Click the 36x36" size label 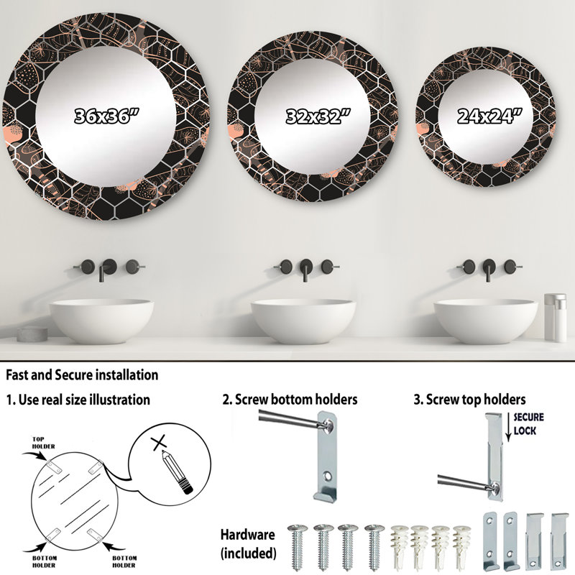coord(106,116)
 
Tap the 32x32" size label coord(318,116)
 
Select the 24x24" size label coord(489,116)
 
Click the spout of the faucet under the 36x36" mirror coord(101,275)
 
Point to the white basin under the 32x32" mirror coord(303,321)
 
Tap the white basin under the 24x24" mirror coord(486,321)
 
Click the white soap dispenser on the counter coord(555,317)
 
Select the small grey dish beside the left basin coord(32,333)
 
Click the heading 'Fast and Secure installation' coord(82,374)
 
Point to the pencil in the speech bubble coord(177,472)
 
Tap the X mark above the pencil coord(159,443)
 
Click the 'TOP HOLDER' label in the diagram coord(43,443)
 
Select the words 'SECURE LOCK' coord(528,423)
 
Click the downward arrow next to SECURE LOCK coord(508,426)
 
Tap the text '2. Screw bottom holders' coord(290,400)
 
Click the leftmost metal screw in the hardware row coord(298,547)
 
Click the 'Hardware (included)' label coord(248,543)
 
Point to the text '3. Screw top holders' coord(469,400)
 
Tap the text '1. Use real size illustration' coord(78,400)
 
